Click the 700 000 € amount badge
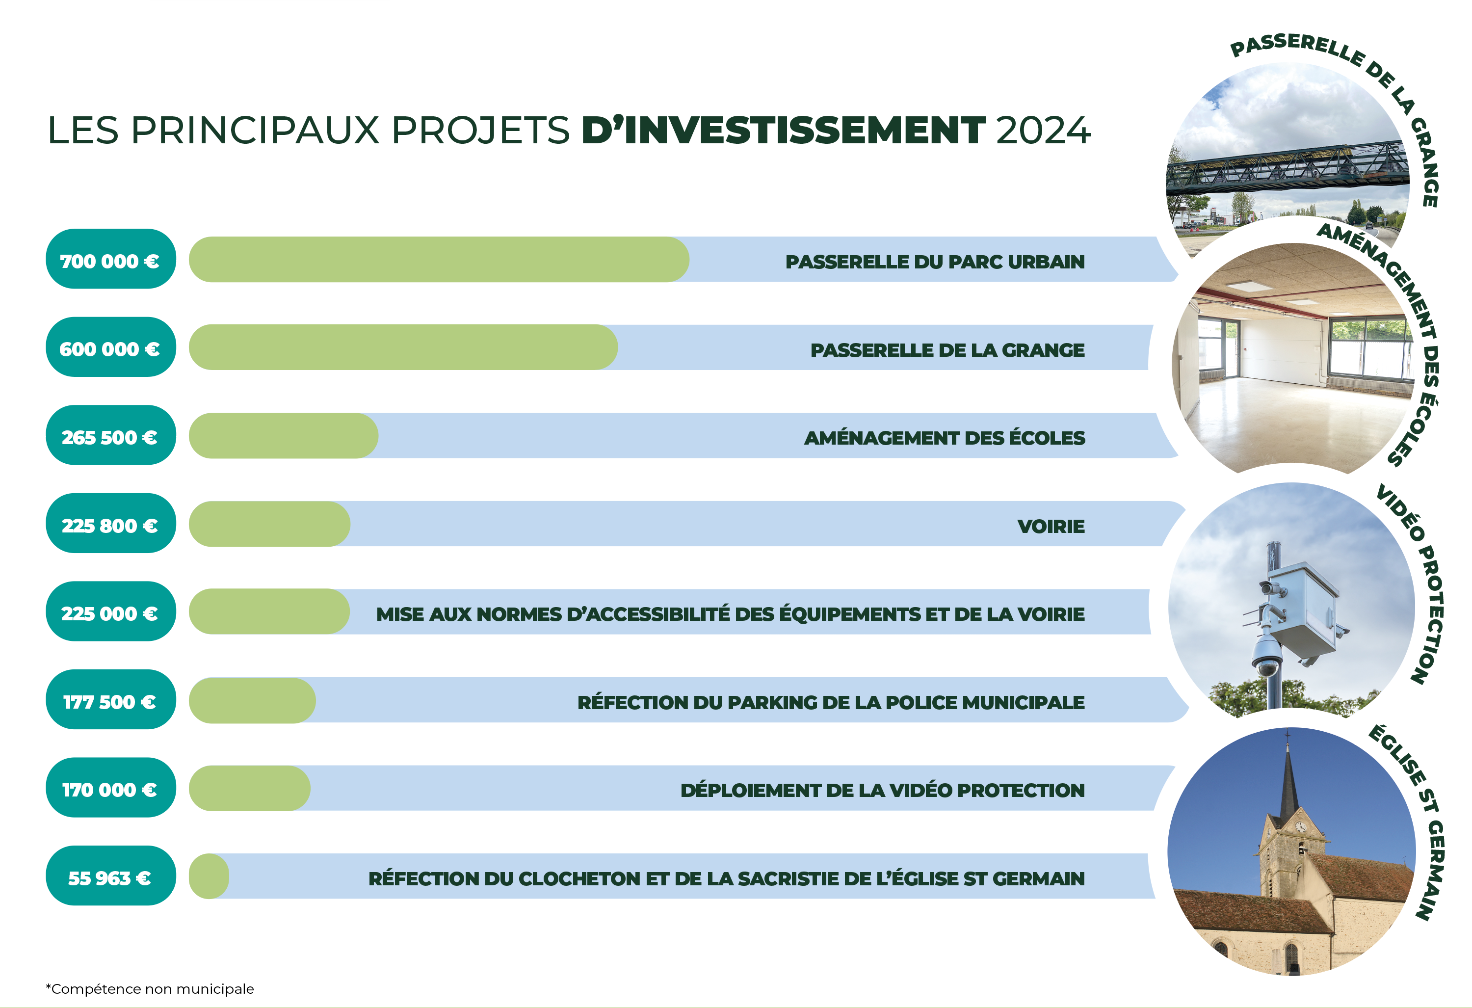click(x=111, y=259)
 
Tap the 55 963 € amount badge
click(x=111, y=875)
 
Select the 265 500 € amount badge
click(x=111, y=435)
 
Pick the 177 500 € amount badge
click(x=111, y=699)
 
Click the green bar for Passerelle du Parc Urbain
click(x=439, y=259)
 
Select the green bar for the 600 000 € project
click(x=403, y=347)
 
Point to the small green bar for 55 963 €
click(x=209, y=876)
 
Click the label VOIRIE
click(x=1051, y=527)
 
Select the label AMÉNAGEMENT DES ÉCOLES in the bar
click(x=945, y=438)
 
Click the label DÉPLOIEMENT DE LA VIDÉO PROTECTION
click(x=882, y=790)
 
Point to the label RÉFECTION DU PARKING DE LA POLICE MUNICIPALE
click(x=831, y=702)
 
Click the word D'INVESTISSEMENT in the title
click(x=784, y=130)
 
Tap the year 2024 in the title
click(x=1043, y=131)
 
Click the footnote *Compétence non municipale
click(x=150, y=989)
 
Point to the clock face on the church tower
click(x=1300, y=827)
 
